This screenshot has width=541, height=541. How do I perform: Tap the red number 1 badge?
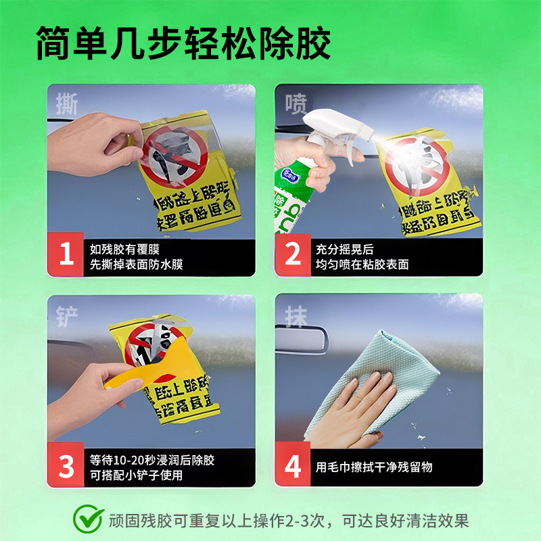click(66, 255)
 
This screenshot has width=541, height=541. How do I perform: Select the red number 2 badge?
click(293, 255)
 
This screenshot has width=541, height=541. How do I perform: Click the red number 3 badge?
click(66, 466)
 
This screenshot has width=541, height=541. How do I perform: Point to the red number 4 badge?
click(293, 466)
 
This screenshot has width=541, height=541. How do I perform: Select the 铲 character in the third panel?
click(67, 317)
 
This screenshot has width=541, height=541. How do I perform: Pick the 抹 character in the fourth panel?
click(296, 317)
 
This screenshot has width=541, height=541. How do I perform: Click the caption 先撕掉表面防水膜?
click(136, 264)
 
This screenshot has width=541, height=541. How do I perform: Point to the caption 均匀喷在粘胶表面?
click(362, 264)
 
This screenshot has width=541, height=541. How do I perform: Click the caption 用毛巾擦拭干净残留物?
click(374, 467)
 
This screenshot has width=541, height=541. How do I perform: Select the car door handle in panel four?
click(308, 341)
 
